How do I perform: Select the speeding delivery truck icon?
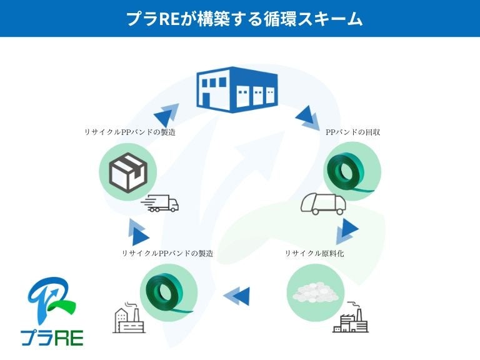tap(161, 204)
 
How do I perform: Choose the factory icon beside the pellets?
tap(350, 317)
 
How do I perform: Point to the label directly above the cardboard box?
tap(130, 132)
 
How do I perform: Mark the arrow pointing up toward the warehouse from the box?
tap(165, 116)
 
